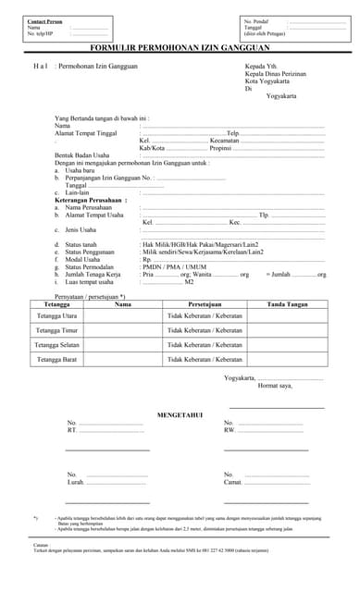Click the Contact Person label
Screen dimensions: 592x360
45,20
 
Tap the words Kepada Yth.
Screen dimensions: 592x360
262,67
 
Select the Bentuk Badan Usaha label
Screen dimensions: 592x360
85,155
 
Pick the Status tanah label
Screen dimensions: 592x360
81,244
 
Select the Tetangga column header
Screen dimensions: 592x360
56,303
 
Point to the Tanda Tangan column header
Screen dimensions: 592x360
287,303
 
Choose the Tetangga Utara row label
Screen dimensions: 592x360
56,315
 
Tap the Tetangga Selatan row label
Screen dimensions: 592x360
56,344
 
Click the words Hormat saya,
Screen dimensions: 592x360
275,385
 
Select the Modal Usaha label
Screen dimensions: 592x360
84,259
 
